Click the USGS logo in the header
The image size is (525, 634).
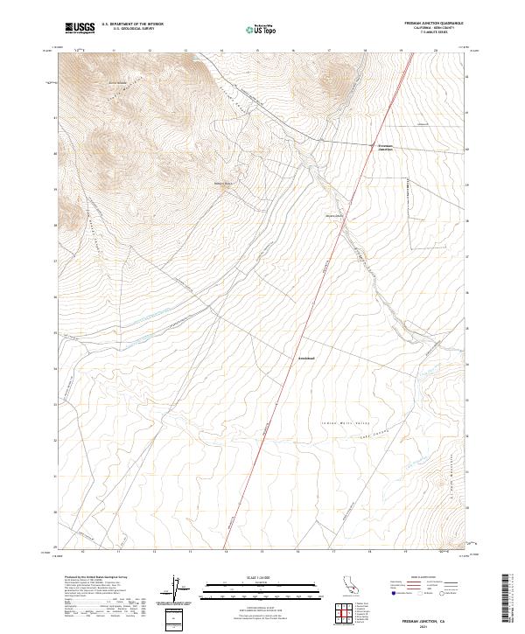coord(80,28)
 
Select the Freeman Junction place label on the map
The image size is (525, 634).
coord(385,148)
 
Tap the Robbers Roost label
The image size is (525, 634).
coord(224,184)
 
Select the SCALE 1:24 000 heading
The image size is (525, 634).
coord(261,575)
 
